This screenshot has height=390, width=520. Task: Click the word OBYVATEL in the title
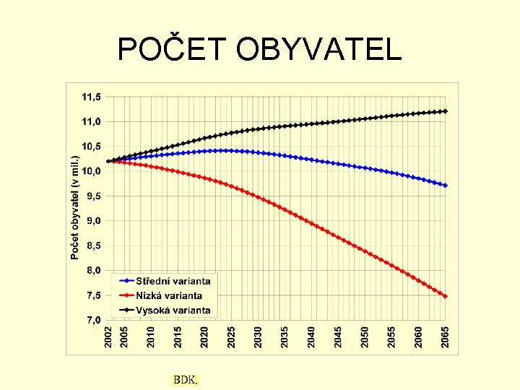(x=315, y=49)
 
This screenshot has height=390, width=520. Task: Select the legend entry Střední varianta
(x=173, y=281)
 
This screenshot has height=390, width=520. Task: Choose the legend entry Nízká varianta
(x=169, y=295)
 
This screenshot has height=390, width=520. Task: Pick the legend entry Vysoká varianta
(x=173, y=310)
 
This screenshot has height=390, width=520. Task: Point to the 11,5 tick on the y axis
(x=91, y=96)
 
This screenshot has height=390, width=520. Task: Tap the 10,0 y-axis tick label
(x=91, y=171)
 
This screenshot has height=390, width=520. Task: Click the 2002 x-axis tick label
(x=108, y=337)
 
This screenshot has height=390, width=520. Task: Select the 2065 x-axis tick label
(x=446, y=337)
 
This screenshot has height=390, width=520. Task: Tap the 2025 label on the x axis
(x=231, y=337)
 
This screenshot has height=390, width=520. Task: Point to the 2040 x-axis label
(x=311, y=337)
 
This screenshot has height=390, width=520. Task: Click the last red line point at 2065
(x=446, y=296)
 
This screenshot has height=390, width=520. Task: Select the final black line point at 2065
(x=446, y=111)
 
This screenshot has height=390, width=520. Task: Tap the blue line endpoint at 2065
(x=446, y=186)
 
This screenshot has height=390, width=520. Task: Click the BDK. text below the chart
(x=185, y=379)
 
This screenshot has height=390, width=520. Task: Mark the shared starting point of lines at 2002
(x=108, y=161)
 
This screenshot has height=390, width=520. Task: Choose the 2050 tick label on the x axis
(x=365, y=337)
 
